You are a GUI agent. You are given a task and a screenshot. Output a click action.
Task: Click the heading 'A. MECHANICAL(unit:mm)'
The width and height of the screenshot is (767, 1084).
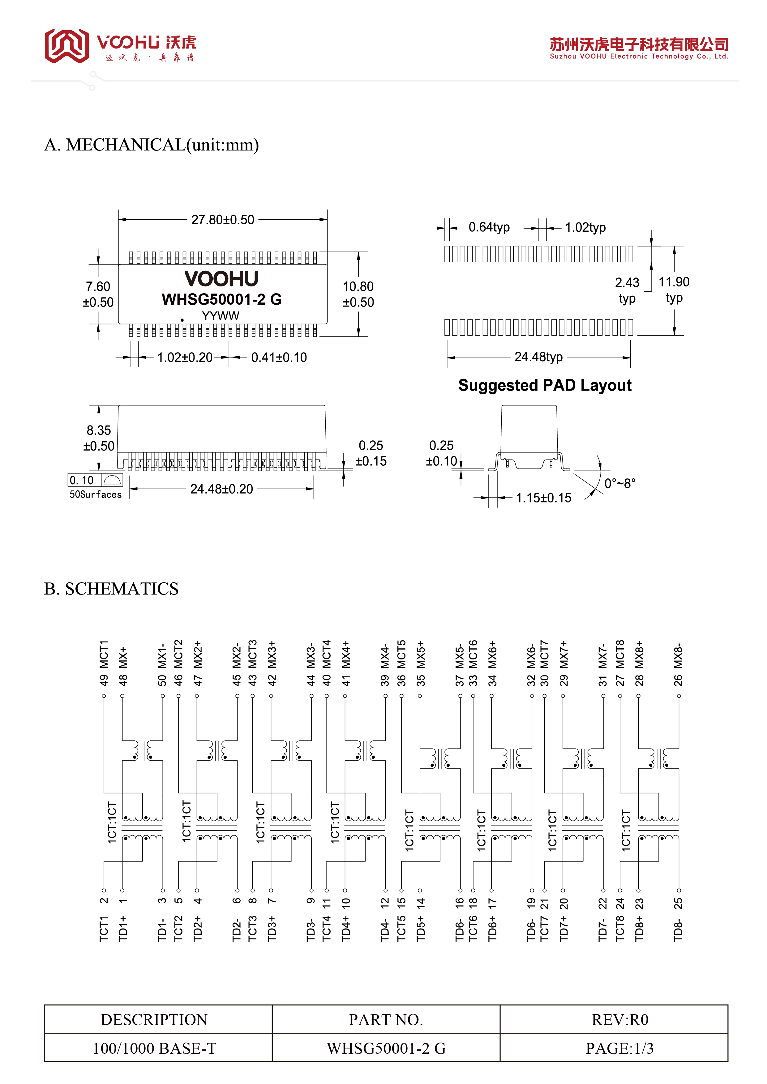pyautogui.click(x=151, y=145)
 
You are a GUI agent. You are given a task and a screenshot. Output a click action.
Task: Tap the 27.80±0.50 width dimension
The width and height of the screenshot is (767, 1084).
pyautogui.click(x=223, y=219)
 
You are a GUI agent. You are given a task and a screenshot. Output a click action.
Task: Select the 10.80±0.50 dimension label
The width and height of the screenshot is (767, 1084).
pyautogui.click(x=358, y=294)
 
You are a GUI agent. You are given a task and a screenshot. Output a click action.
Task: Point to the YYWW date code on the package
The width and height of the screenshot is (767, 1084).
pyautogui.click(x=221, y=316)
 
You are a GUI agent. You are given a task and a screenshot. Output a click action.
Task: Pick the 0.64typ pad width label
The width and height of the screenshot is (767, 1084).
pyautogui.click(x=489, y=227)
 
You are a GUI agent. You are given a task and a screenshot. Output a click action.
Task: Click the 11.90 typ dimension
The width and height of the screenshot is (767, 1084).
pyautogui.click(x=674, y=290)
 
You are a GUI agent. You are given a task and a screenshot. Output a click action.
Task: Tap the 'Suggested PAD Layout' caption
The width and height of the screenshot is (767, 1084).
pyautogui.click(x=545, y=385)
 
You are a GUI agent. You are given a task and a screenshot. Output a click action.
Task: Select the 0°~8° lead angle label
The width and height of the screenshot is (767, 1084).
pyautogui.click(x=620, y=484)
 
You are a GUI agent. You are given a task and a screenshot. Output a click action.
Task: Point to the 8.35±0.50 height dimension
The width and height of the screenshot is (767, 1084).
pyautogui.click(x=99, y=438)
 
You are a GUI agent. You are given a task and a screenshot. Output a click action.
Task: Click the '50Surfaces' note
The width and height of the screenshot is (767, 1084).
pyautogui.click(x=96, y=494)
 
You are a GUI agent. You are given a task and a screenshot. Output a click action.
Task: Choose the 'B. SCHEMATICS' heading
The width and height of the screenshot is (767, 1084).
pyautogui.click(x=112, y=589)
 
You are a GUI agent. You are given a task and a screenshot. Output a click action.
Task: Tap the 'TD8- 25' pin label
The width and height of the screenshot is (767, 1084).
pyautogui.click(x=678, y=920)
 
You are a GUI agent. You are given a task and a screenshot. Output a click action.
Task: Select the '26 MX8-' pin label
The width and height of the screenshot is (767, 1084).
pyautogui.click(x=678, y=664)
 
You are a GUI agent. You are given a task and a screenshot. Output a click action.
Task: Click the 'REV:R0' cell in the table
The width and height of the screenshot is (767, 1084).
pyautogui.click(x=620, y=1020)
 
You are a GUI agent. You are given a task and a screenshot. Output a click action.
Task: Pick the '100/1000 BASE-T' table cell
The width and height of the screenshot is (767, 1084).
pyautogui.click(x=155, y=1048)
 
